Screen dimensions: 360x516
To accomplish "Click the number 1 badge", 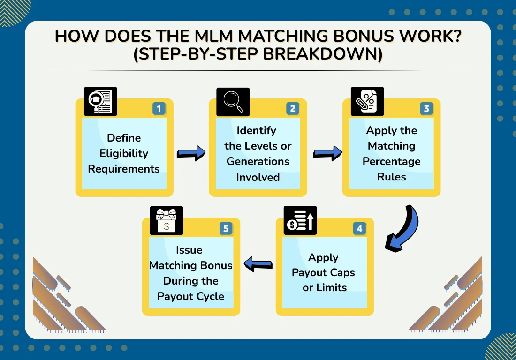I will point(159,109).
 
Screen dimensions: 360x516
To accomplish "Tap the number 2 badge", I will point(293,109).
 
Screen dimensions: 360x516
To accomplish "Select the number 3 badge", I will point(426,109).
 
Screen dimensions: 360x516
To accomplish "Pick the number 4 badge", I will point(359,229).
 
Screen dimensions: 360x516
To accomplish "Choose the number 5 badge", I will point(226,229).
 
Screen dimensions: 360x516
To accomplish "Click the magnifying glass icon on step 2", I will point(233,101).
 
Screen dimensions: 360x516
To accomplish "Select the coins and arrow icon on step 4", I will point(300,220).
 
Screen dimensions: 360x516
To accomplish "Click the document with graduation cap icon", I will point(100,101).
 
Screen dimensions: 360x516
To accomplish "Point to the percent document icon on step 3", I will point(367,101).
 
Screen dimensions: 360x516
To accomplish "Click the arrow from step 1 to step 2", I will point(191,153).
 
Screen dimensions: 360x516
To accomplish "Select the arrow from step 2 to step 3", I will point(327,153).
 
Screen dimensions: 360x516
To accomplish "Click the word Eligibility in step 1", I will point(124,153).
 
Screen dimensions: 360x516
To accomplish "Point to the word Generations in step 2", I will point(258,161).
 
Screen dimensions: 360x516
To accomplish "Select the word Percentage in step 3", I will point(391,161).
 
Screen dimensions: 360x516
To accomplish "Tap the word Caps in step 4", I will point(341,272).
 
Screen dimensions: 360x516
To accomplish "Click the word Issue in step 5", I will point(190,250).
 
